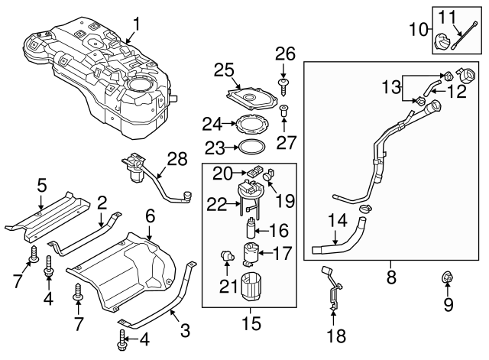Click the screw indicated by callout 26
click(x=283, y=86)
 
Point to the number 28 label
click(x=177, y=159)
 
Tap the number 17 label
click(x=283, y=253)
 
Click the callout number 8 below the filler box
click(x=391, y=277)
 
